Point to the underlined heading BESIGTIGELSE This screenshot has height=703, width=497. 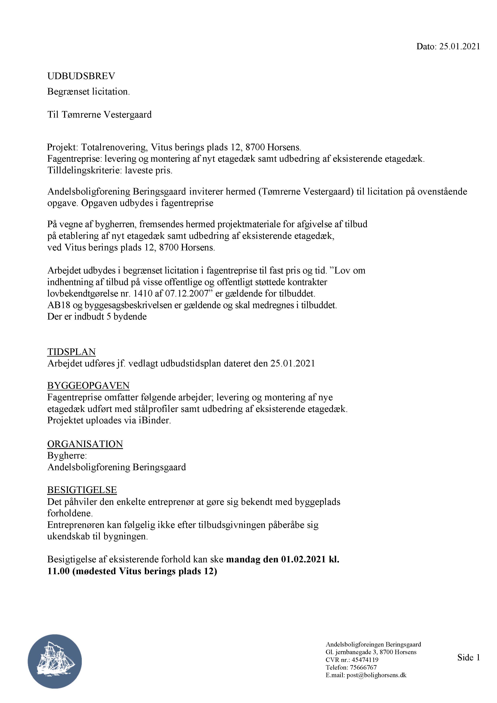pyautogui.click(x=82, y=490)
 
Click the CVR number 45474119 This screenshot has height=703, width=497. pyautogui.click(x=365, y=660)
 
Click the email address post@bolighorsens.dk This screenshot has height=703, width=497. pyautogui.click(x=376, y=675)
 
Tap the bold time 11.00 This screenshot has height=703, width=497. pyautogui.click(x=58, y=571)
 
